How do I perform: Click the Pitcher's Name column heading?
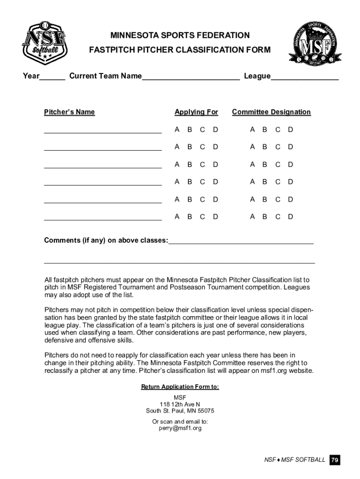point(69,112)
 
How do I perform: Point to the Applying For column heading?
point(196,112)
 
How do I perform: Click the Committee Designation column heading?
point(271,112)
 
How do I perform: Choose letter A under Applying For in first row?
point(177,130)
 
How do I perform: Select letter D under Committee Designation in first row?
point(290,130)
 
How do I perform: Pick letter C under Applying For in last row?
point(202,217)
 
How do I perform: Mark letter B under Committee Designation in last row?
point(265,217)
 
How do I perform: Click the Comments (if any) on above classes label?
point(106,240)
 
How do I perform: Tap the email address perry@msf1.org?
point(180,428)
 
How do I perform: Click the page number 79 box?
point(334,460)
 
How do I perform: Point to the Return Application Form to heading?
point(180,387)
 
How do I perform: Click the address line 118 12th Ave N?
point(180,404)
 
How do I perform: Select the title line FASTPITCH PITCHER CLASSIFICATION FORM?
point(180,50)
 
